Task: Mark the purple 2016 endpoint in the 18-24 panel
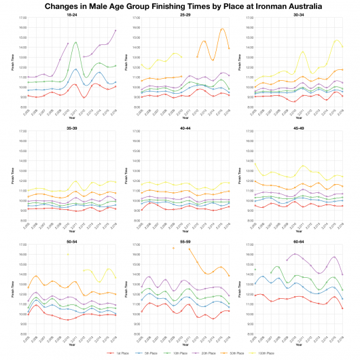coord(115,31)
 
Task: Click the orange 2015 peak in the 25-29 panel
coord(222,29)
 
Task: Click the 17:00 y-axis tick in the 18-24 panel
coord(22,18)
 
